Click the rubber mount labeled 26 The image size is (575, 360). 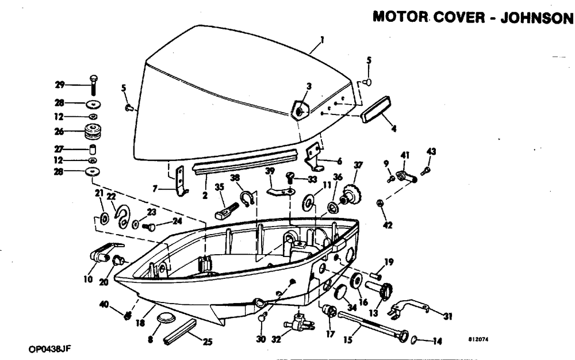(91, 132)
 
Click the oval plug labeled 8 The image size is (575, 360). (166, 319)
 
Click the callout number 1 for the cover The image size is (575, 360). (323, 40)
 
